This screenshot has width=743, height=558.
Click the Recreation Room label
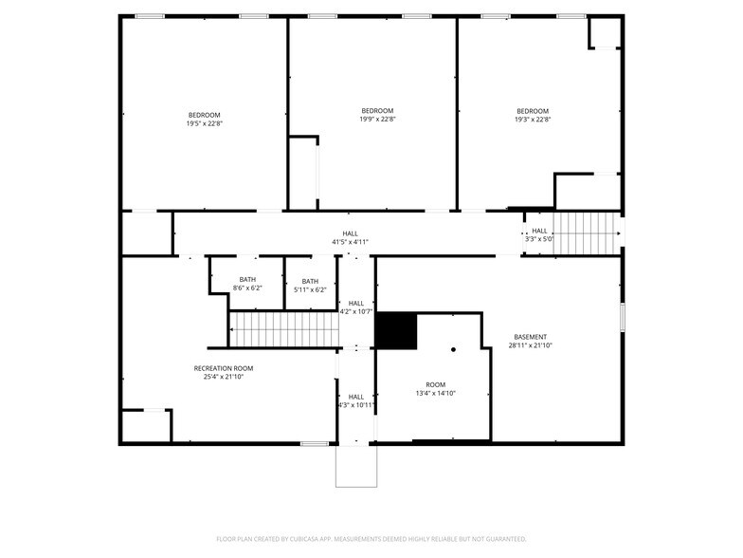[224, 368]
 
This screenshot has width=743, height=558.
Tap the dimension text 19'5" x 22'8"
[205, 123]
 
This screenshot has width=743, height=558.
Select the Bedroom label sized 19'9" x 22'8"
[377, 111]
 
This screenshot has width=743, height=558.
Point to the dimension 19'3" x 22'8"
[533, 120]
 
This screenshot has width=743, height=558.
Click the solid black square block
[396, 330]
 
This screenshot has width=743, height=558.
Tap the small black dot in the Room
[453, 349]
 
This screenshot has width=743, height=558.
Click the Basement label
[531, 337]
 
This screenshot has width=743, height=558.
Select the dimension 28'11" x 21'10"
[531, 345]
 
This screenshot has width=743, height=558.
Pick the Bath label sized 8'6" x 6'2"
[247, 279]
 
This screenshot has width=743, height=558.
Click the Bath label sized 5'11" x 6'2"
[310, 281]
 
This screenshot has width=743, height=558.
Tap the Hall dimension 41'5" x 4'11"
[351, 242]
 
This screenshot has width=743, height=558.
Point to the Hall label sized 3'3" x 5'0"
[539, 231]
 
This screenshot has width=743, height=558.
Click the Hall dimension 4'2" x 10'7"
[356, 311]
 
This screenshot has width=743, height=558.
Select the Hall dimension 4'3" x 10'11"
[356, 405]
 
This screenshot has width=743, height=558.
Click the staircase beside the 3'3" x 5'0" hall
[587, 233]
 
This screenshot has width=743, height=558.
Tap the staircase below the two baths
[284, 329]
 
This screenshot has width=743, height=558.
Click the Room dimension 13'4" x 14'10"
[436, 393]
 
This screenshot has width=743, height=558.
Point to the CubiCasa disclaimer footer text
[371, 539]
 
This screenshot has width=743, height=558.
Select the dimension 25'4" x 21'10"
[224, 377]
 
